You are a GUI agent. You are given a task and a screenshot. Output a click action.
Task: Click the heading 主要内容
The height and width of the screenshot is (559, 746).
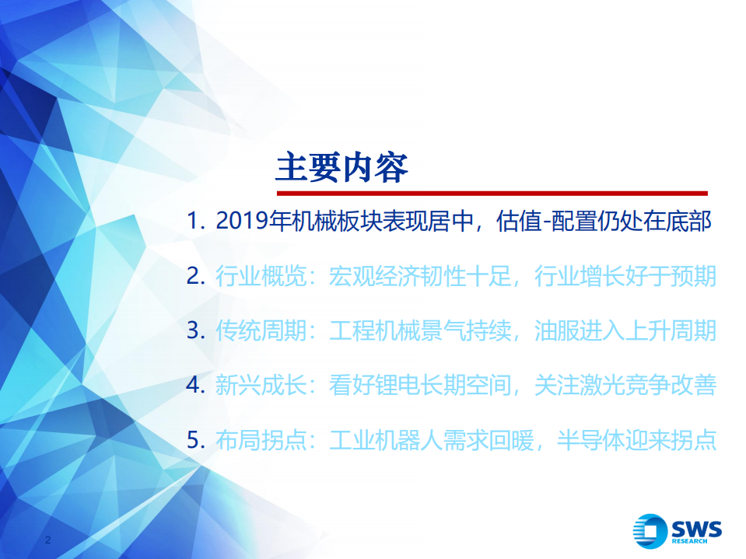coord(341,166)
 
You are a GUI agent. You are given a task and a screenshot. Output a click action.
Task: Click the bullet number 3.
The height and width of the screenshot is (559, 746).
coord(194,330)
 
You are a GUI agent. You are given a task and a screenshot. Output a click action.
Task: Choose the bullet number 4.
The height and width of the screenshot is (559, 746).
coord(194,385)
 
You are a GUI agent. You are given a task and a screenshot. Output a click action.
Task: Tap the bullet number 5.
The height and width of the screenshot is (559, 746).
coord(194,440)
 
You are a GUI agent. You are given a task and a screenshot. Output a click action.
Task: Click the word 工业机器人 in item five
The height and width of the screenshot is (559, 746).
coord(386,440)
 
